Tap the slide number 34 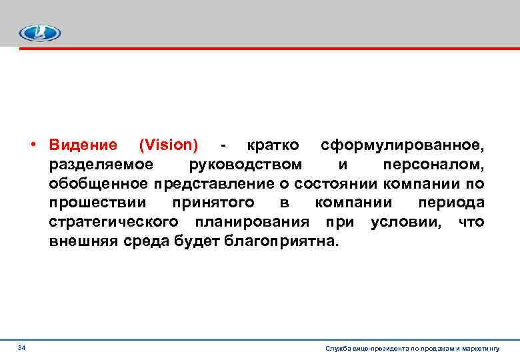click(x=22, y=348)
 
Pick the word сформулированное click(x=402, y=145)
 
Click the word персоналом click(x=434, y=164)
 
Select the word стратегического click(x=113, y=221)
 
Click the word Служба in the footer click(x=337, y=349)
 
